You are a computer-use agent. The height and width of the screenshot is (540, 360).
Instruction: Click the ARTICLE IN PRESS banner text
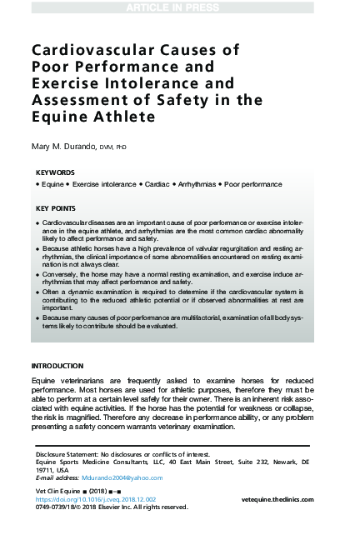click(179, 7)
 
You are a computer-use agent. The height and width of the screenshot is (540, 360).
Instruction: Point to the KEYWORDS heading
click(56, 172)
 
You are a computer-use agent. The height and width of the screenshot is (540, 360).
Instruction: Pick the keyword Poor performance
click(252, 183)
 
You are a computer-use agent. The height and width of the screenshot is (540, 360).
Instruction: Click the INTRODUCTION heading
click(57, 366)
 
